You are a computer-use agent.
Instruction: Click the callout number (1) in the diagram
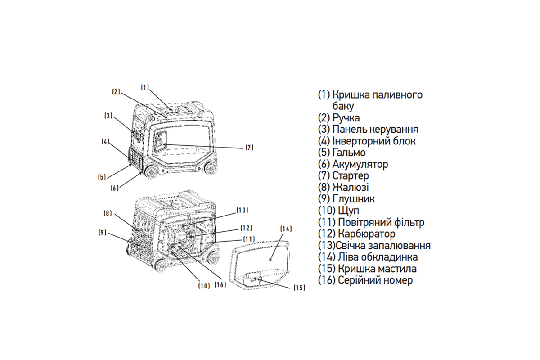point(144,88)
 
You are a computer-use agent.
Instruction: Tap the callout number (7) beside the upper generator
point(249,147)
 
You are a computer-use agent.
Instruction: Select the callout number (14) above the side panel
point(286,229)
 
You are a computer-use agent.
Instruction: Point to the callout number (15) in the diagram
point(299,287)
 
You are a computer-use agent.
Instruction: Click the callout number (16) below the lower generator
point(220,285)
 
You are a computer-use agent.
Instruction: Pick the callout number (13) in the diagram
point(242,210)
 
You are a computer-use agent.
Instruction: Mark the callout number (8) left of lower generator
point(108,214)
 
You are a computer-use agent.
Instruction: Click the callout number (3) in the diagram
point(108,116)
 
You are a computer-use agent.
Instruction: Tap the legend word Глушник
point(354,199)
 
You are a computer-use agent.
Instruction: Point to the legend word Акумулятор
point(360,164)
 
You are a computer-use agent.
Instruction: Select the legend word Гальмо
point(349,153)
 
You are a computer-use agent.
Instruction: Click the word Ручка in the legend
point(346,118)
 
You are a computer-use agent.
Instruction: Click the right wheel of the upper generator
point(210,167)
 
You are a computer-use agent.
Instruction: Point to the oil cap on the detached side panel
point(260,280)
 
